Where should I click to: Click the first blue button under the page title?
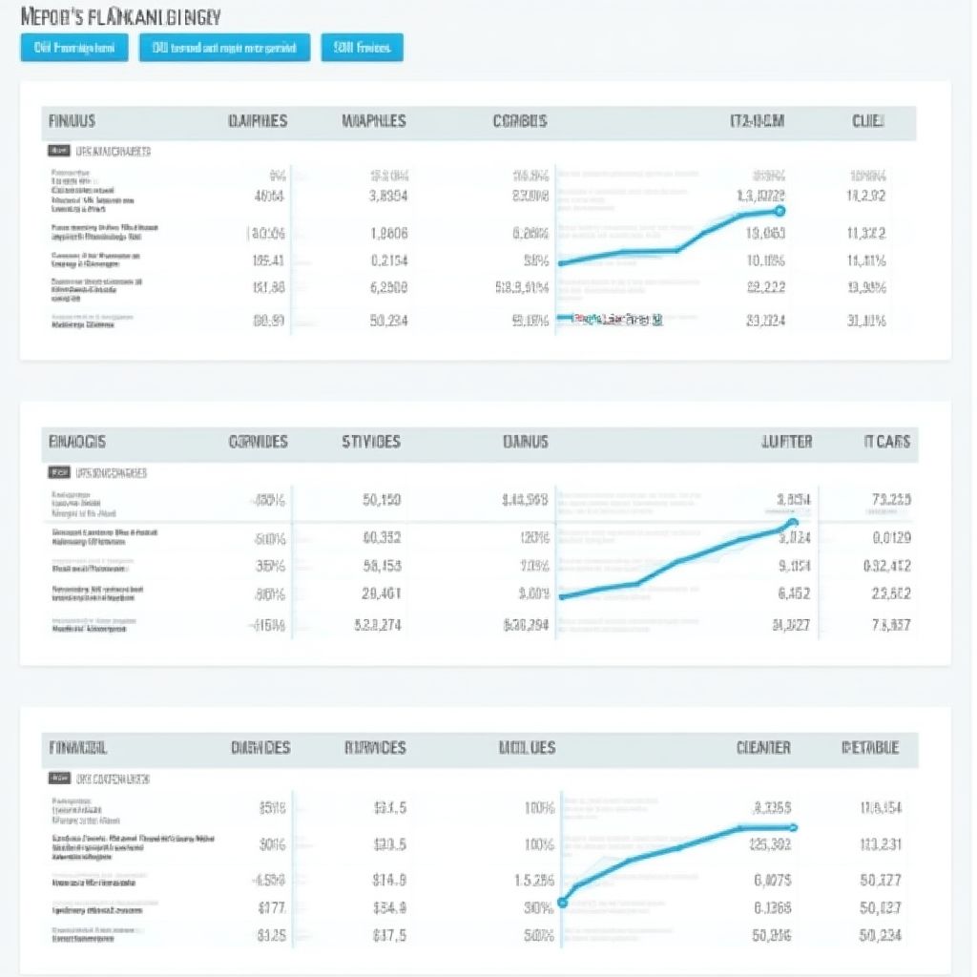coord(73,48)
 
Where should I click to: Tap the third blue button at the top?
coord(362,48)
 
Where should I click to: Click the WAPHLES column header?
coord(373,121)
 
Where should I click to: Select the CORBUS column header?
coord(520,121)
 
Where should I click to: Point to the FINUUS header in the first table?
coord(72,121)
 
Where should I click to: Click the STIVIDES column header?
coord(371,442)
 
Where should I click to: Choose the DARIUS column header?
coord(525,442)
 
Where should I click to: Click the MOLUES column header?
coord(527,748)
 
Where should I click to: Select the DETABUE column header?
coord(870,748)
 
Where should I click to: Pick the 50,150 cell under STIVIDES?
coord(383,500)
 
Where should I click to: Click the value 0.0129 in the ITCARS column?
coord(891,537)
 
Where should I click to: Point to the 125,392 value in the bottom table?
coord(771,843)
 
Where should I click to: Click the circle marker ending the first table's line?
coord(780,211)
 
